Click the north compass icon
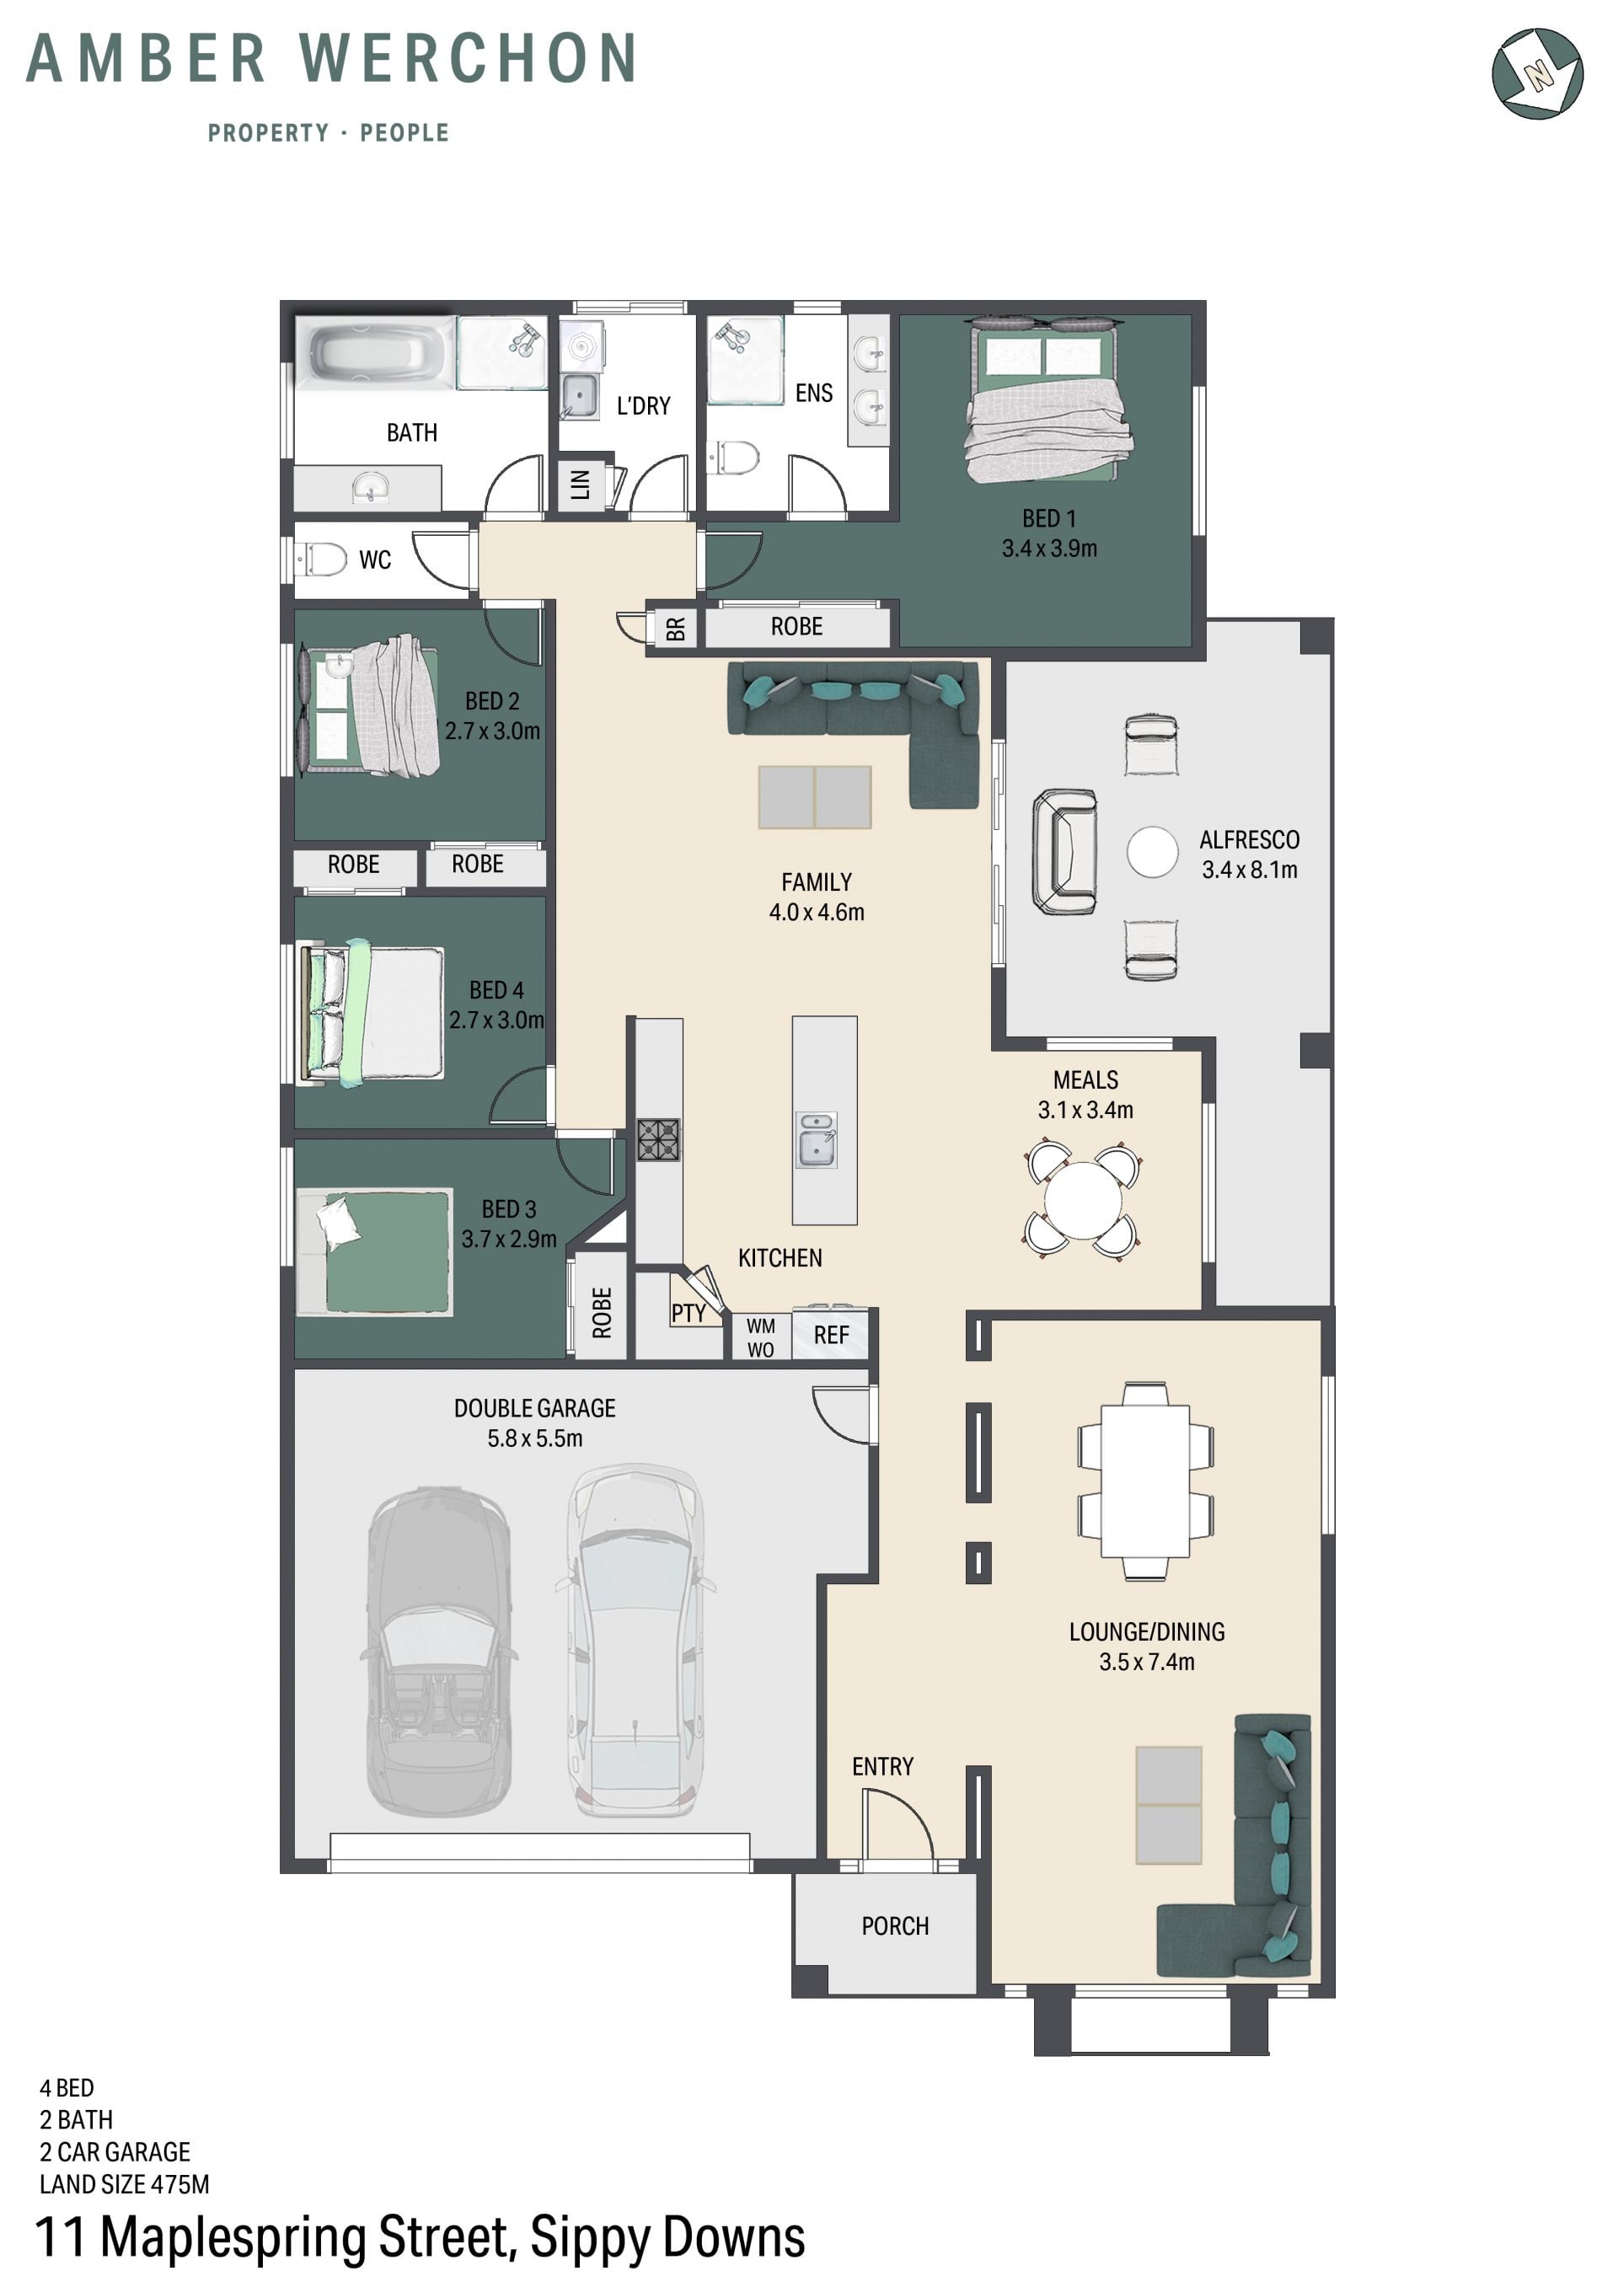1536,72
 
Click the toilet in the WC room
323,559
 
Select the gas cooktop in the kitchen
658,1139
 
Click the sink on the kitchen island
817,1139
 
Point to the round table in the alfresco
1152,852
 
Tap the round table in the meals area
1083,1200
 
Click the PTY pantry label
688,1313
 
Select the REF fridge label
831,1335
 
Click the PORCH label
895,1925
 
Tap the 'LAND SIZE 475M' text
125,2184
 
